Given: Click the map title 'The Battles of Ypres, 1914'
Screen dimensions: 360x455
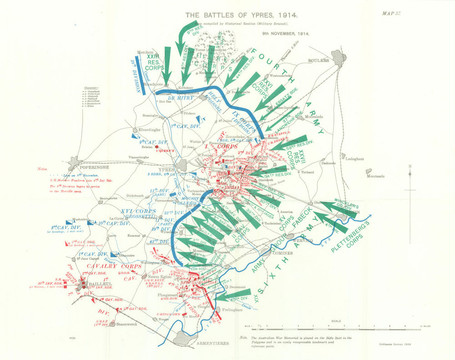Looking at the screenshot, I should [235, 15].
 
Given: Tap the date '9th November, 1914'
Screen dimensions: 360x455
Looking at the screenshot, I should [285, 34].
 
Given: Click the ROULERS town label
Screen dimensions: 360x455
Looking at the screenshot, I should [318, 60].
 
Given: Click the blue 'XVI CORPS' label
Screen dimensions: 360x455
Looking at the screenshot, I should [138, 211].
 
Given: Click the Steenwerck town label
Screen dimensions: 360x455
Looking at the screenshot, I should [127, 325].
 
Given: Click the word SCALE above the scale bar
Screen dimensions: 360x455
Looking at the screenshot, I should [336, 321].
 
